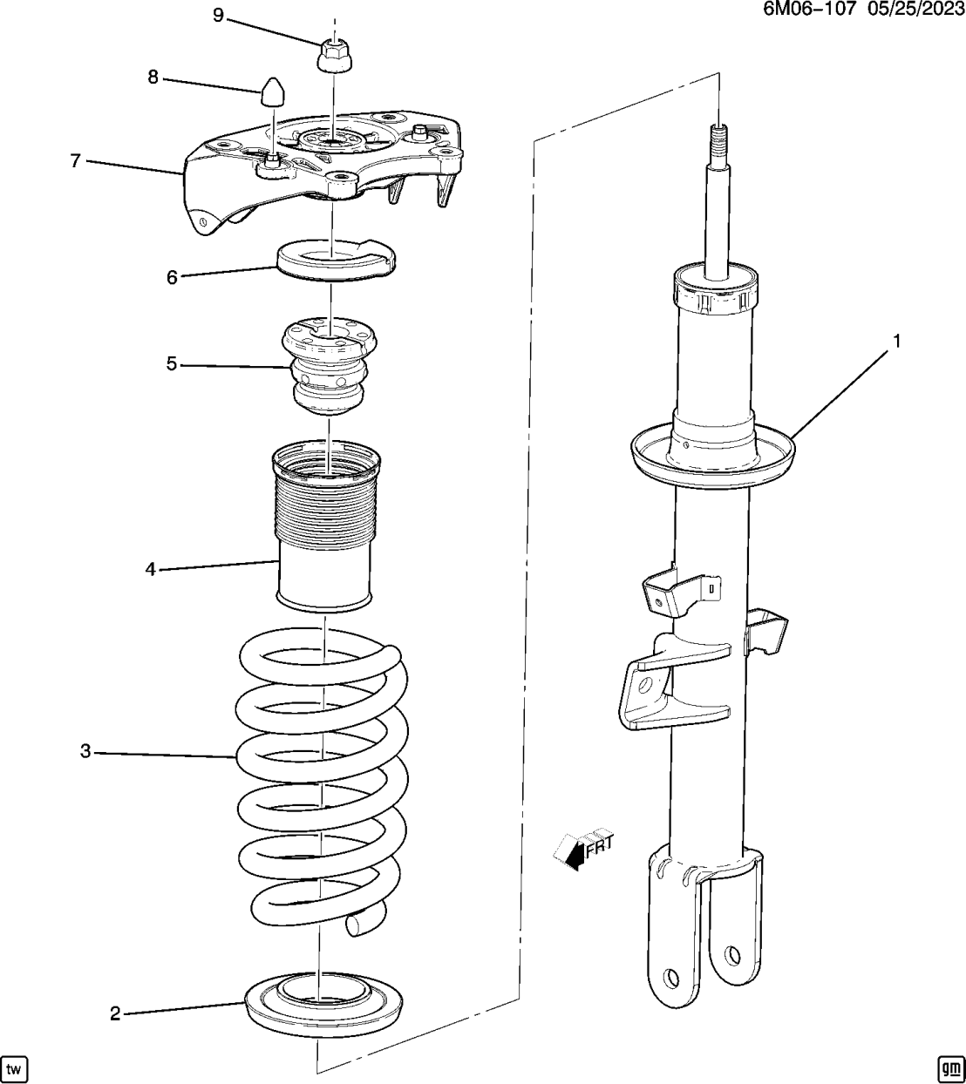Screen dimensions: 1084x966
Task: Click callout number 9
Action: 218,15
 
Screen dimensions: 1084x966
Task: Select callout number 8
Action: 153,77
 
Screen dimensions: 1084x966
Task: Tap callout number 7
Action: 76,160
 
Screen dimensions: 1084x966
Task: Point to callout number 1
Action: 895,341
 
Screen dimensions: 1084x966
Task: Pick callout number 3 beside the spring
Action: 85,750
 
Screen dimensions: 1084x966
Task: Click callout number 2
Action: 115,1013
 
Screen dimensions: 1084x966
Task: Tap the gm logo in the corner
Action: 949,1067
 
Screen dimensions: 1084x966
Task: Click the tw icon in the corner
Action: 15,1067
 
